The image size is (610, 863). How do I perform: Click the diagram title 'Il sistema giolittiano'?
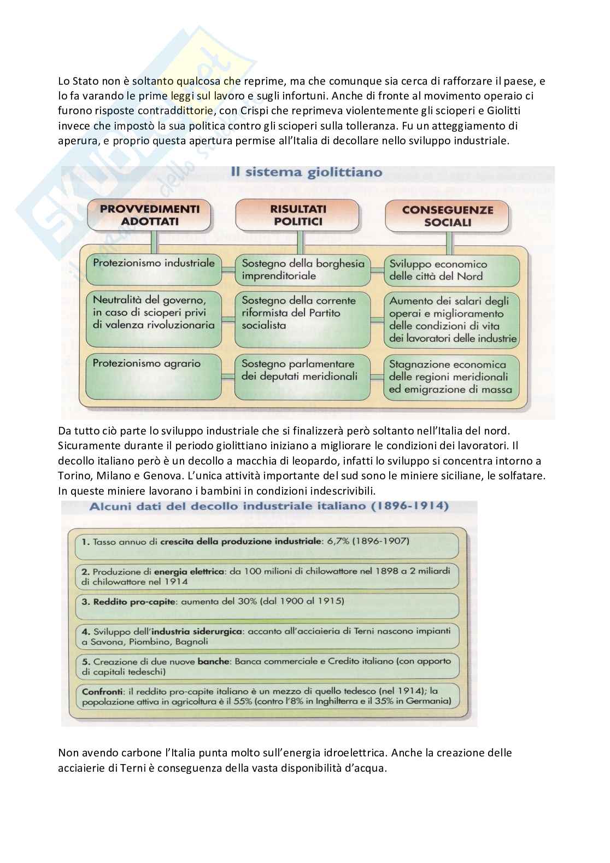(x=306, y=173)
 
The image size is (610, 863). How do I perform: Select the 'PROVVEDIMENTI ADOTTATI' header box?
(x=149, y=215)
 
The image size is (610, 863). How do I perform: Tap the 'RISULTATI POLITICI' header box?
(x=298, y=215)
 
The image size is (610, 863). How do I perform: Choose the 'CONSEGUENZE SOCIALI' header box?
(x=447, y=216)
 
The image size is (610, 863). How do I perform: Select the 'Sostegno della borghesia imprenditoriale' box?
(x=303, y=269)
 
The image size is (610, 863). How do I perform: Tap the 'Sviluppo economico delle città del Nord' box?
(x=451, y=270)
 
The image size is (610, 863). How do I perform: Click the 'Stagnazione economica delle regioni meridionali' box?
(x=451, y=377)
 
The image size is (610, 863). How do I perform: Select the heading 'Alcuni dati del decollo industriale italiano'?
(x=269, y=506)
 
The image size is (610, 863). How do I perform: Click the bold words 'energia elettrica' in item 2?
(x=197, y=571)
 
